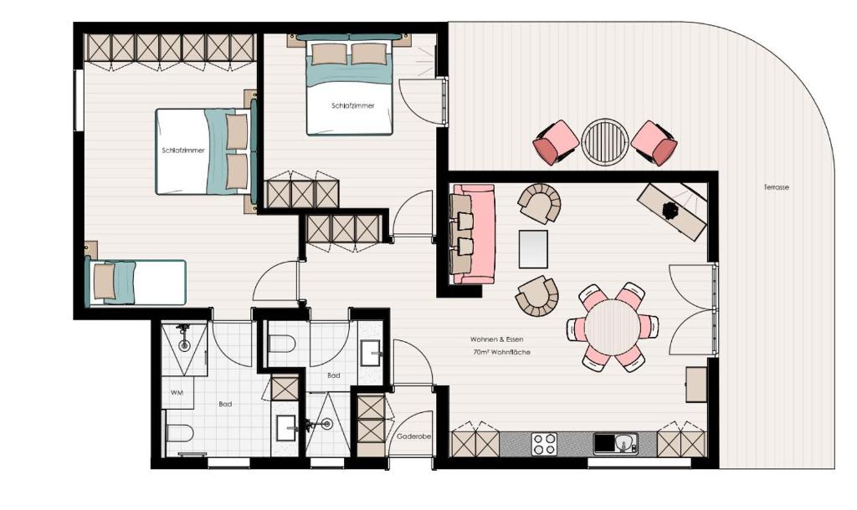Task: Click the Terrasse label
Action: (x=776, y=187)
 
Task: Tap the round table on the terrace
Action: (x=604, y=141)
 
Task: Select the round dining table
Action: (x=612, y=327)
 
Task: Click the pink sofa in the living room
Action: (x=474, y=234)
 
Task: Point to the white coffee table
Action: (x=533, y=249)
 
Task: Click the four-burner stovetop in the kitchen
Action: (x=544, y=443)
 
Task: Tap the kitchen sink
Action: (x=623, y=443)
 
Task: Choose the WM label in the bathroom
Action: (x=177, y=393)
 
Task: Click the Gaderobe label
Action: (x=413, y=436)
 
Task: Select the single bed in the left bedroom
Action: (x=136, y=283)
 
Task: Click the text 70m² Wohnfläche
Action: (x=501, y=352)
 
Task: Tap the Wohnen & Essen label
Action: (x=496, y=339)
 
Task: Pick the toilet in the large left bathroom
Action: (x=179, y=433)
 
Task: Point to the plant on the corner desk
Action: (x=670, y=210)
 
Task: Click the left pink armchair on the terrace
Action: (x=556, y=142)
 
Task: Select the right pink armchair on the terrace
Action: (x=654, y=142)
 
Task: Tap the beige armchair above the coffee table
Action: (x=540, y=203)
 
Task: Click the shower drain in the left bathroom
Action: (x=185, y=345)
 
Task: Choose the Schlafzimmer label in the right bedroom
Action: (x=353, y=106)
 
